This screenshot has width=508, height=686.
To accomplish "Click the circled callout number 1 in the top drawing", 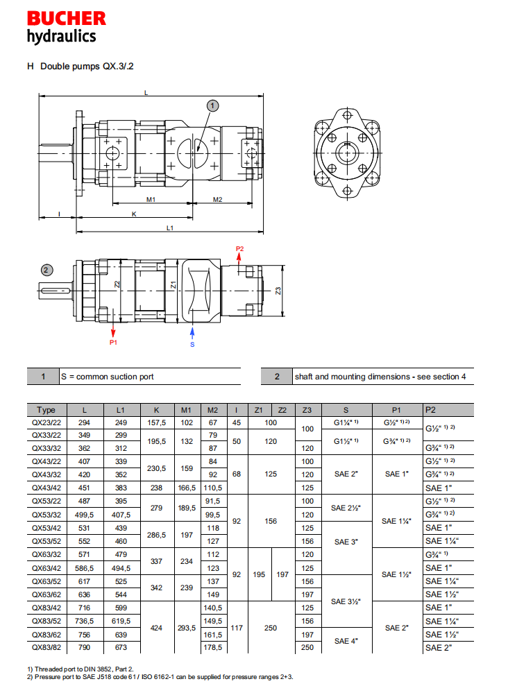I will coord(213,105).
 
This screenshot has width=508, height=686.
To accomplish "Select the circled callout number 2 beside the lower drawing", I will coord(46,270).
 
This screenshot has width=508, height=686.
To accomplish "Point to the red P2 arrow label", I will coord(240,248).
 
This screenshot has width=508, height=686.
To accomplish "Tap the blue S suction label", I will coord(192,343).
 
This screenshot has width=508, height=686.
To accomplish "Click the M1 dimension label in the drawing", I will coord(151,199).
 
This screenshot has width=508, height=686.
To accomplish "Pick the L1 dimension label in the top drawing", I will coord(170,228).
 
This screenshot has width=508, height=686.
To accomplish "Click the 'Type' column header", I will coord(46,409).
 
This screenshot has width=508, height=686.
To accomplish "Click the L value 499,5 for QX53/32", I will coord(84,515).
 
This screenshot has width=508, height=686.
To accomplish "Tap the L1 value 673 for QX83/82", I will coord(121,647).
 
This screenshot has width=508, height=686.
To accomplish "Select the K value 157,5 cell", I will coord(158,422).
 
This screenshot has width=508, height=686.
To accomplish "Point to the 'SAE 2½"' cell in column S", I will coord(348,508).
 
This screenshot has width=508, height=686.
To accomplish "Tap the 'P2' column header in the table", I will coord(432,409).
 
